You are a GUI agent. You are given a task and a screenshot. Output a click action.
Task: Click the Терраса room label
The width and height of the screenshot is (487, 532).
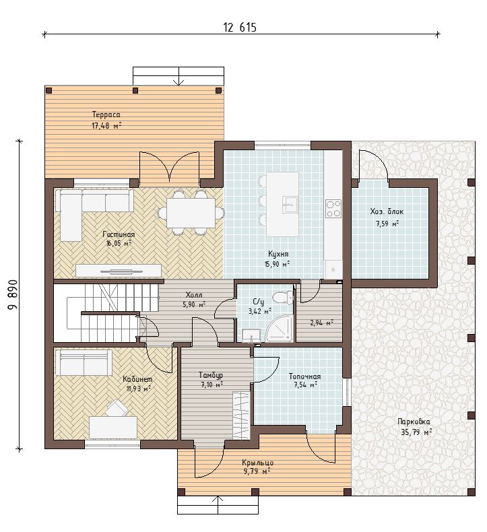(x=106, y=114)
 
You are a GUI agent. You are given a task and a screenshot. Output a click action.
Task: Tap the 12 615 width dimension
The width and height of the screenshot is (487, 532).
(x=240, y=27)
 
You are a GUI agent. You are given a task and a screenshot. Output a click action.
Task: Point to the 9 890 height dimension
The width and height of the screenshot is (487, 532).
(x=13, y=294)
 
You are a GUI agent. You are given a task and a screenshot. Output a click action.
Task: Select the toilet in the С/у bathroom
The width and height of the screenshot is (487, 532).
(x=283, y=298)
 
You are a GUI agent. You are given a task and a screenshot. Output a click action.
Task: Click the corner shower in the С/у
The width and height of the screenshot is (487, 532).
(x=280, y=328)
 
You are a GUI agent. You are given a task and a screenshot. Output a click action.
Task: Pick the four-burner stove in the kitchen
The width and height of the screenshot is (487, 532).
(x=333, y=208)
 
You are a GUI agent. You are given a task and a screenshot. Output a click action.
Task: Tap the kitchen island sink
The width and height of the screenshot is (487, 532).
(x=290, y=204)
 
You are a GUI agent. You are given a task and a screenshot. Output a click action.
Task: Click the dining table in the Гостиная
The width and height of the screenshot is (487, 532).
(x=191, y=213)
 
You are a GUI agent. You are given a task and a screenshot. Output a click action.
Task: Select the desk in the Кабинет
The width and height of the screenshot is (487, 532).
(x=113, y=428)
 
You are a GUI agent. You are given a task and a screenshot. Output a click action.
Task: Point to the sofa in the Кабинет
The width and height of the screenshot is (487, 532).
(x=84, y=363)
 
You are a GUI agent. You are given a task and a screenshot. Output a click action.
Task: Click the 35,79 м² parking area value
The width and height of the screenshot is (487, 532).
(x=416, y=432)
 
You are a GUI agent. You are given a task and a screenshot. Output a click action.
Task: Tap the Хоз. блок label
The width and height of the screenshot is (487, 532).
(x=387, y=211)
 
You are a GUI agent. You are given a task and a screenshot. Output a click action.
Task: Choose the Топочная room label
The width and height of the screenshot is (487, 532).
(x=304, y=376)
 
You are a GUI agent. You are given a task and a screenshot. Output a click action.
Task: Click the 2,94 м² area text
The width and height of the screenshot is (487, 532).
(x=321, y=323)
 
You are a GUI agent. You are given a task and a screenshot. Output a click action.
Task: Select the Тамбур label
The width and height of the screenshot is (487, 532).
(x=211, y=375)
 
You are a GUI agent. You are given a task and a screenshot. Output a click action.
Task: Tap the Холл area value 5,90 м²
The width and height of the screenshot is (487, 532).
(x=194, y=304)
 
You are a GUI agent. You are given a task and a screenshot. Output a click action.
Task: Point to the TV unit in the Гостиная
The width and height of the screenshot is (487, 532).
(x=118, y=271)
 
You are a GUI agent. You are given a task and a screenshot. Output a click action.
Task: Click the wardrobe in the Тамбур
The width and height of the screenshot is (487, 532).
(x=241, y=415)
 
